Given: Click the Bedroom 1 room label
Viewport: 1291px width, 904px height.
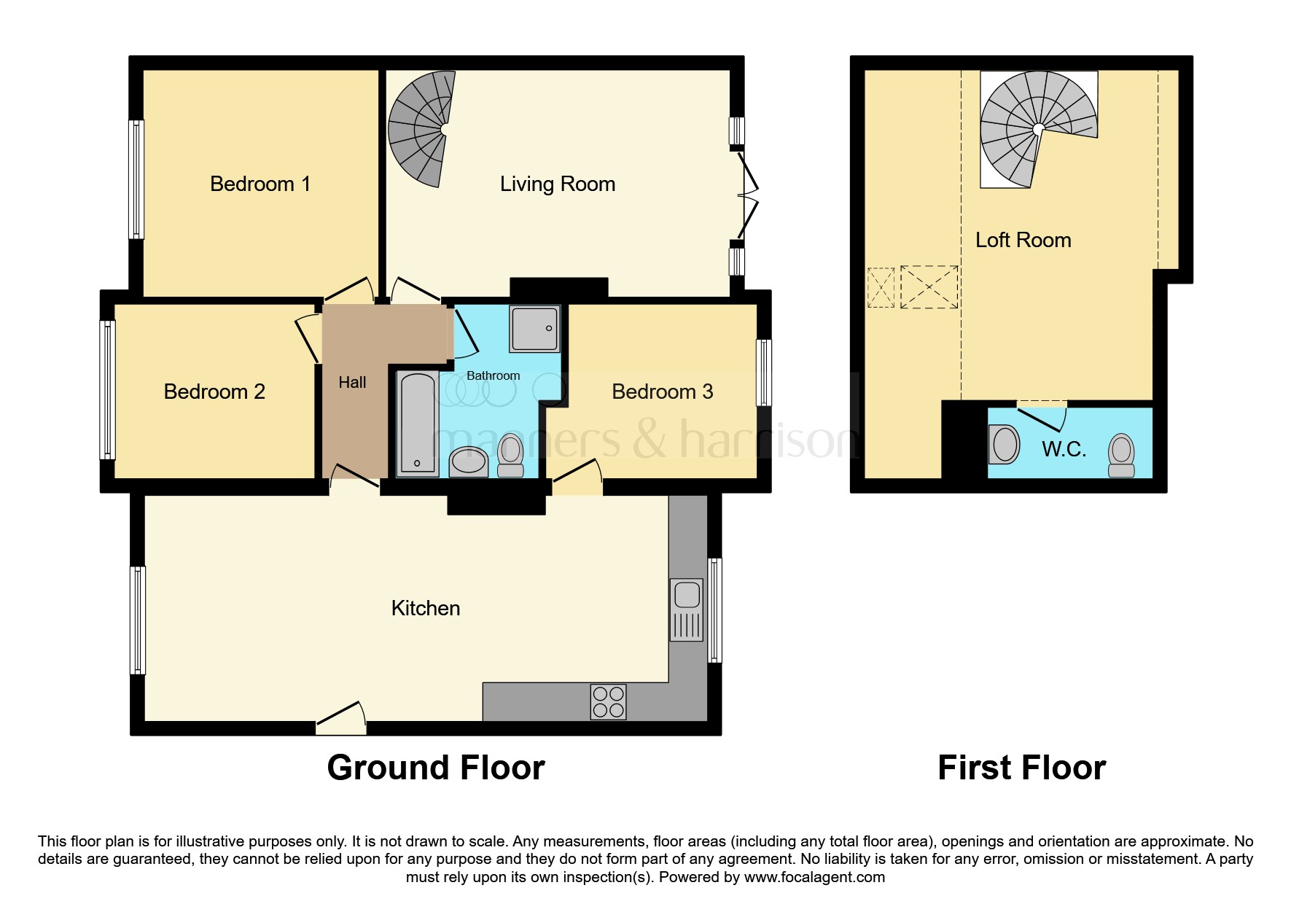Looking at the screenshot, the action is (260, 184).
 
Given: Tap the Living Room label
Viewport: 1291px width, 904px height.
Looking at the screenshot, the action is (558, 184).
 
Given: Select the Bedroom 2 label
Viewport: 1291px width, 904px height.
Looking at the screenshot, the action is (214, 391).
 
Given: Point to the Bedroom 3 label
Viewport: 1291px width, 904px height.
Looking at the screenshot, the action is (663, 391).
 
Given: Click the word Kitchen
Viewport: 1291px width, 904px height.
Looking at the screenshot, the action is (426, 608).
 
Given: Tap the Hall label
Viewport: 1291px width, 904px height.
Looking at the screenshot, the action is (352, 382).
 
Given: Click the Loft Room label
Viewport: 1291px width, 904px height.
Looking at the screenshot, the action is (1023, 240).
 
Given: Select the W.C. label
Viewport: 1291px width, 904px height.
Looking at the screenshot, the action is (1064, 449).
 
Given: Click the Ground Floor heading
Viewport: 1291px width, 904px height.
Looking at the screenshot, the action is (436, 768).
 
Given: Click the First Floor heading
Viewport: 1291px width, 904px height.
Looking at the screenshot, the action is (1022, 768).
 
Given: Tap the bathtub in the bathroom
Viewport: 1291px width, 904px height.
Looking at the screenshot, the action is (418, 424).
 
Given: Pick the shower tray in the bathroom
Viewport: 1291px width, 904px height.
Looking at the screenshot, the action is (535, 328).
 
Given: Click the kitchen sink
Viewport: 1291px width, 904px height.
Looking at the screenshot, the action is (687, 609).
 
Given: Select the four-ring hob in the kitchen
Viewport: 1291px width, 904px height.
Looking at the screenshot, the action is (608, 701).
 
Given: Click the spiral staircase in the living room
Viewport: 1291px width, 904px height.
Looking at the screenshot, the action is (421, 129).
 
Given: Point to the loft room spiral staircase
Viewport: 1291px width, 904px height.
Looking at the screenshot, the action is (1039, 130).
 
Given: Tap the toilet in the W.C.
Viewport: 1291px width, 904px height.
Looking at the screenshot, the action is (1121, 455).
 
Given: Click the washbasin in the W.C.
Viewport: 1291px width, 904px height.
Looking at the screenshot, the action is (1005, 444).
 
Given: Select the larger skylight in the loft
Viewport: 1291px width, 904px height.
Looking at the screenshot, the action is (929, 287).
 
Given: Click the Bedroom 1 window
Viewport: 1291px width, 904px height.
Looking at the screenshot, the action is (136, 179).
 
